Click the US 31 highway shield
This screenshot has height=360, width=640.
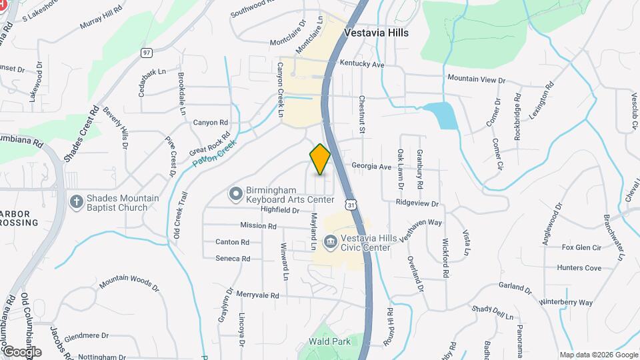click(x=351, y=203)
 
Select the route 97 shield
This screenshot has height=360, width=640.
click(x=147, y=52)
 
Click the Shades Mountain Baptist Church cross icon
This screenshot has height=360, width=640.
click(x=77, y=201)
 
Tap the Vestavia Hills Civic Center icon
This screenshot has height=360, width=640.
click(x=329, y=241)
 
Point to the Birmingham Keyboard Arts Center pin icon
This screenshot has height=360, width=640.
click(x=235, y=194)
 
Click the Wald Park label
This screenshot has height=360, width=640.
click(x=329, y=341)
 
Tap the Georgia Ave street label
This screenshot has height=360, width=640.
click(x=371, y=167)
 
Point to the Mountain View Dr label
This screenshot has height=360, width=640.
click(x=477, y=79)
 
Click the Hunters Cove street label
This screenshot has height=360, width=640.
click(x=581, y=268)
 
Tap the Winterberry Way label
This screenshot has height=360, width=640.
click(x=566, y=302)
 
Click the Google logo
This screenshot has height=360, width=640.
click(x=21, y=351)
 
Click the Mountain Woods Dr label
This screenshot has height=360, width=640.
click(x=129, y=283)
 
